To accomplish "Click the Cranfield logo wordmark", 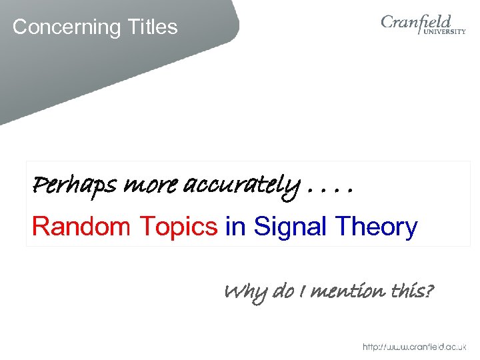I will click(416, 23).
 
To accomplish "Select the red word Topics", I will click(177, 227).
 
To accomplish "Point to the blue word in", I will click(235, 227).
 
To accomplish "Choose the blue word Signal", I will click(291, 227).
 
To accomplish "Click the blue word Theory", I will click(376, 227).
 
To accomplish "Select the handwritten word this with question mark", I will click(411, 291).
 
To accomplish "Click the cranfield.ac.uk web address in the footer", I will click(414, 347).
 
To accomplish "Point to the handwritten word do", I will click(284, 291).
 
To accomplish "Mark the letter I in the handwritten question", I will click(303, 291).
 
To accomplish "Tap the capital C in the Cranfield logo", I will click(389, 23).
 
